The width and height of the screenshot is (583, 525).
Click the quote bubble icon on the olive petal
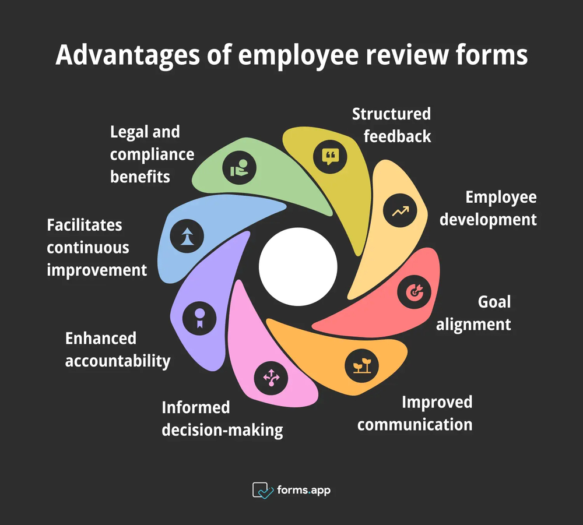(x=330, y=156)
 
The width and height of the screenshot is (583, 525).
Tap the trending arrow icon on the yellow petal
(x=400, y=211)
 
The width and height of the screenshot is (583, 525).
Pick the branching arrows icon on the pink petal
(x=272, y=378)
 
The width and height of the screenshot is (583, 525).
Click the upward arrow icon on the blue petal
(x=187, y=235)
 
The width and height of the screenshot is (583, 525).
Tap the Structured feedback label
(x=391, y=125)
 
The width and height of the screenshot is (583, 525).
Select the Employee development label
(x=488, y=208)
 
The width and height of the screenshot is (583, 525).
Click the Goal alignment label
(x=473, y=313)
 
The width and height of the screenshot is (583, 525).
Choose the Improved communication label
(x=415, y=413)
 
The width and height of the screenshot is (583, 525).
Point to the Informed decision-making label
(x=222, y=419)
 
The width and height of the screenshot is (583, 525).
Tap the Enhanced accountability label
(x=117, y=350)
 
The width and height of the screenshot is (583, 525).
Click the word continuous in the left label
(x=88, y=247)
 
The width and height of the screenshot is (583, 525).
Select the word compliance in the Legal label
(x=152, y=154)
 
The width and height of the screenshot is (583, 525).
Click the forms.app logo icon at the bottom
(x=263, y=490)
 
